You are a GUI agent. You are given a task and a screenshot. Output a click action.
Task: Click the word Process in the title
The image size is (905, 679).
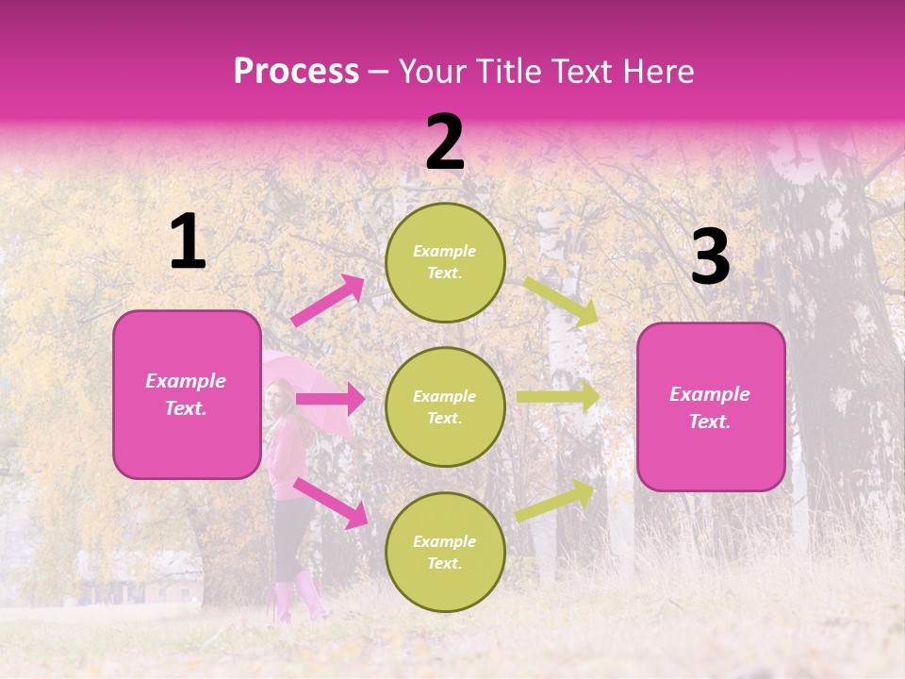[x=296, y=72]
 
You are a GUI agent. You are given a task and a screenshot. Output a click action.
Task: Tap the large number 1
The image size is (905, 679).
[x=188, y=242]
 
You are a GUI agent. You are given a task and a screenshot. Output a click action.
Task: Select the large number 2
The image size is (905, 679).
[x=445, y=142]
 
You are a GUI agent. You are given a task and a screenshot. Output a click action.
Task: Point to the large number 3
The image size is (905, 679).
[x=710, y=257]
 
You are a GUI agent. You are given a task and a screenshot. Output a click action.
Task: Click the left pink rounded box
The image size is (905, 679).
[x=187, y=394]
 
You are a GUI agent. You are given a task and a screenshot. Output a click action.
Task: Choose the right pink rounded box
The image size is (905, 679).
[x=711, y=407]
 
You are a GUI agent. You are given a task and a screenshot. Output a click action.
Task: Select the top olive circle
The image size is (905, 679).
[x=445, y=262]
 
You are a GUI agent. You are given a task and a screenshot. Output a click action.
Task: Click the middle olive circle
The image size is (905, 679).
[x=445, y=406]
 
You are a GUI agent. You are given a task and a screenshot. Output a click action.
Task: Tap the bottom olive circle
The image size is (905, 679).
[x=445, y=552]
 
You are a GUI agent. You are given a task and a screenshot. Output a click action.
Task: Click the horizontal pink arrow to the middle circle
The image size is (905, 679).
[x=330, y=399]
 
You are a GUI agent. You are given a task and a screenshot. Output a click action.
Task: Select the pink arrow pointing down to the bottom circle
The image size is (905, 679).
[x=330, y=502]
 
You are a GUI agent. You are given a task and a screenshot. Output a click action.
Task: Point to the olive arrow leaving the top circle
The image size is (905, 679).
[x=560, y=301]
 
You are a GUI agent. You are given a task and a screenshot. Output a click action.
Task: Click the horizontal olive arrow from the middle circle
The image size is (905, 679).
[x=558, y=396]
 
